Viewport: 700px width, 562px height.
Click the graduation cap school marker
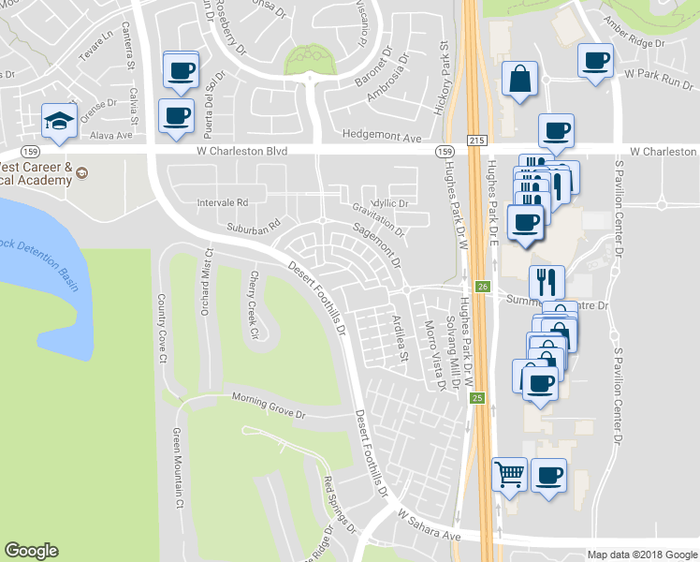[59, 121]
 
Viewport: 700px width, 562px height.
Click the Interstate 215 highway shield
[476, 139]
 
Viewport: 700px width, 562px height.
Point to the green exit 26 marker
[482, 287]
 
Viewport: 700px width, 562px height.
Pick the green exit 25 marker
[477, 399]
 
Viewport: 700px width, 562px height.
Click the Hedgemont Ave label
[383, 136]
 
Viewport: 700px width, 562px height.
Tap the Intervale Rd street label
[223, 202]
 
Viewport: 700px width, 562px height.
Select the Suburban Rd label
[255, 226]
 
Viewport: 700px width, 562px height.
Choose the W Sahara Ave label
[430, 525]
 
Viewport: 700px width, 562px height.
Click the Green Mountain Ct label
[177, 468]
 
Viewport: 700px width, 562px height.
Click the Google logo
[31, 551]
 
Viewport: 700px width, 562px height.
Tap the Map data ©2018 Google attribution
[641, 555]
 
